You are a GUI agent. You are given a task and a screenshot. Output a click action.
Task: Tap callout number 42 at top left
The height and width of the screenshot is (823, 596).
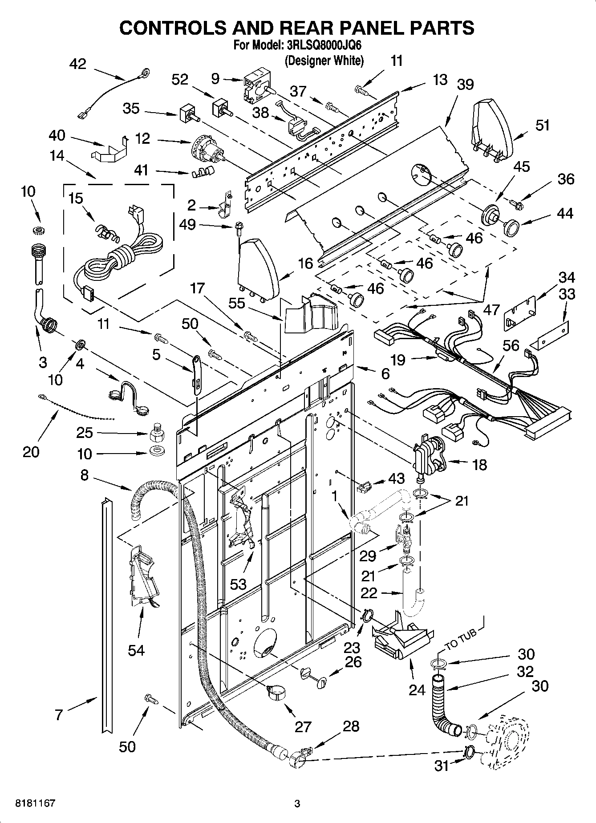tap(78, 64)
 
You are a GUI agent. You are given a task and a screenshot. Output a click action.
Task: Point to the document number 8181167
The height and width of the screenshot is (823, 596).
tap(35, 803)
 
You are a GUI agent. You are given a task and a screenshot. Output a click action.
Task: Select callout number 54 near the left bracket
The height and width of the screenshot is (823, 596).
tap(136, 650)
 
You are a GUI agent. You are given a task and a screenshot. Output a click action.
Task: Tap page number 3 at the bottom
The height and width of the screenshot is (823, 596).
tap(297, 804)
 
